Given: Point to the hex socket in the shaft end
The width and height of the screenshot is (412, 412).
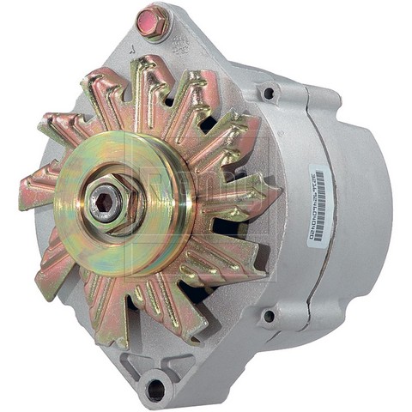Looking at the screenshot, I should coord(106,203).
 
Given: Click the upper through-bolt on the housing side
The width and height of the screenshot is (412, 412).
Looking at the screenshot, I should coord(269,94).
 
